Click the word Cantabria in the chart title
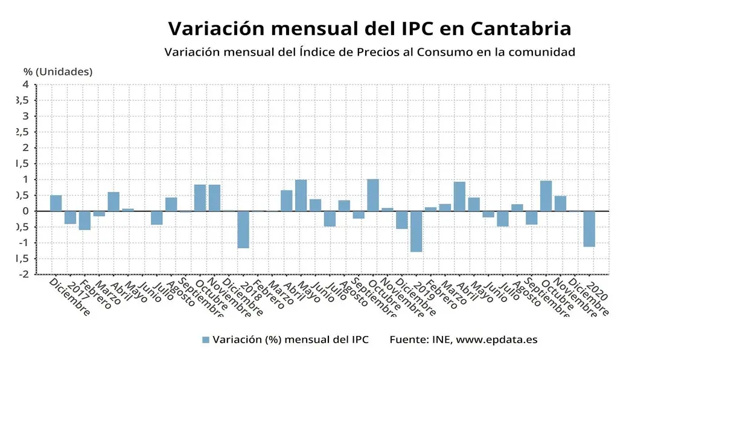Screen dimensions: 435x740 click(520, 28)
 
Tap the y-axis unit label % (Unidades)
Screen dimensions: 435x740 click(58, 71)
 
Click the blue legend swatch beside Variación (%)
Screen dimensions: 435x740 click(206, 340)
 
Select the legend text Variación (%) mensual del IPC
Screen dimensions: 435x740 click(290, 340)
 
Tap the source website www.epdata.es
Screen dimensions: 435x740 click(496, 340)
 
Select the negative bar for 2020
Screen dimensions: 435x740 click(589, 229)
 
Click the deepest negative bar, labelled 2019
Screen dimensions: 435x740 click(416, 231)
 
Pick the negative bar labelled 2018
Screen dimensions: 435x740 click(243, 230)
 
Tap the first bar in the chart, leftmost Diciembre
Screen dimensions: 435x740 click(56, 203)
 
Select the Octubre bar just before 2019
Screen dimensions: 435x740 click(373, 195)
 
